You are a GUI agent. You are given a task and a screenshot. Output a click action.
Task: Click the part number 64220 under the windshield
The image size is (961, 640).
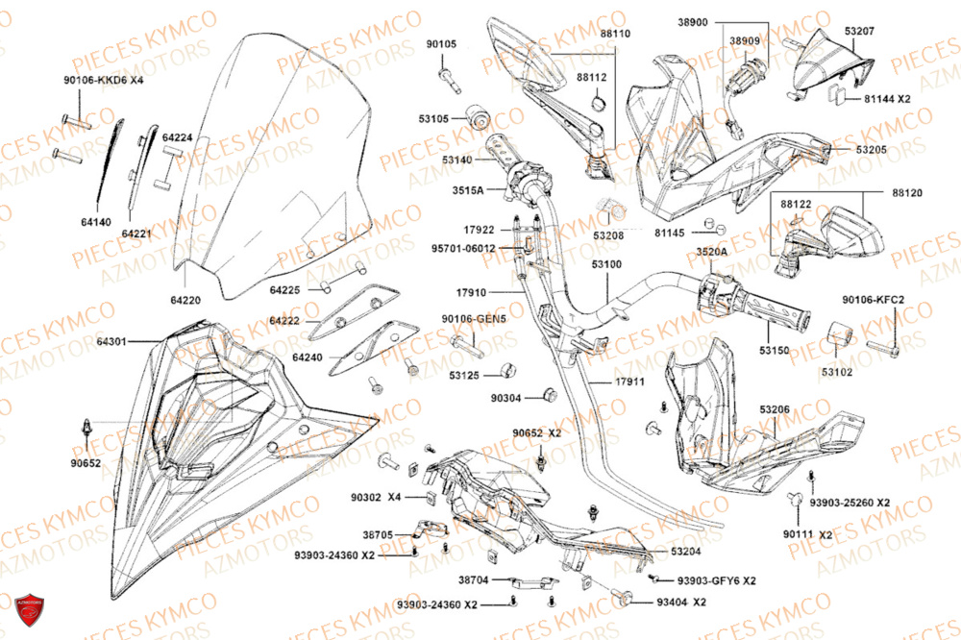(186, 300)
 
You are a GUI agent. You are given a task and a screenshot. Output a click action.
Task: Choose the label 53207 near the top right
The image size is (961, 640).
(860, 32)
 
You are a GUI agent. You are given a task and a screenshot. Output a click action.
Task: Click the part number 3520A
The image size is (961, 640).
(712, 252)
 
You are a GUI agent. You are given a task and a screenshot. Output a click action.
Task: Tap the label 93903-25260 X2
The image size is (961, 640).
(850, 503)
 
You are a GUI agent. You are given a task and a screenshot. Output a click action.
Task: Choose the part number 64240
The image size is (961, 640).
(308, 357)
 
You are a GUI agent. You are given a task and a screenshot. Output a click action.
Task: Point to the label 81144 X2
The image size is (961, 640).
(887, 98)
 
